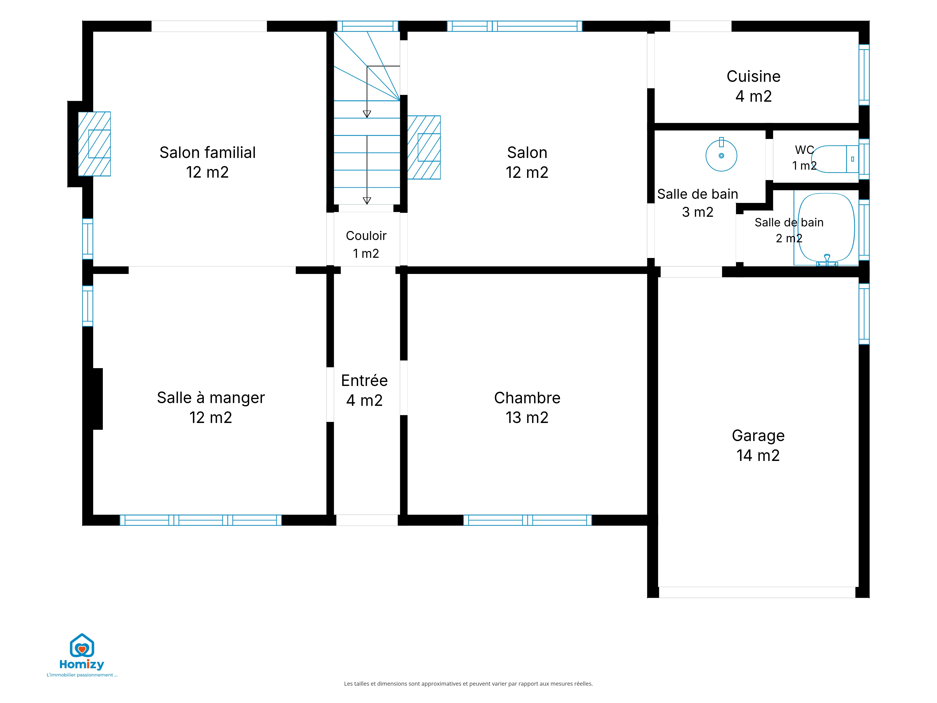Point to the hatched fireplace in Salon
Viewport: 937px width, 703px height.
point(424,147)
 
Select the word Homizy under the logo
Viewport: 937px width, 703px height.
point(82,664)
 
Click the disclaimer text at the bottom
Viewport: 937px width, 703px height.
point(468,684)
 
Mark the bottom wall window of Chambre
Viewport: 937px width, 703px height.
point(527,520)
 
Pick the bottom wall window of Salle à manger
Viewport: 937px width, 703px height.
point(201,520)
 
